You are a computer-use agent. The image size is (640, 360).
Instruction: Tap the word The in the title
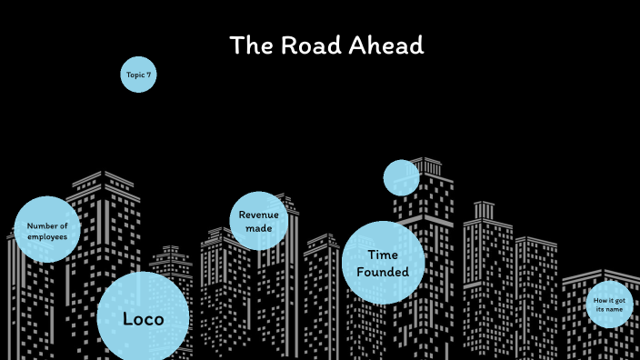pyautogui.click(x=247, y=45)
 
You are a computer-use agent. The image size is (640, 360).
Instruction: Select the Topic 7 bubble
pyautogui.click(x=138, y=74)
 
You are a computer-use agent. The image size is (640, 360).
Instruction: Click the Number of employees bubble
pyautogui.click(x=47, y=230)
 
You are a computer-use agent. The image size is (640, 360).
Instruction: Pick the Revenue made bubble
pyautogui.click(x=258, y=221)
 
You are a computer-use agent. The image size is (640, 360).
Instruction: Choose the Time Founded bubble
pyautogui.click(x=383, y=263)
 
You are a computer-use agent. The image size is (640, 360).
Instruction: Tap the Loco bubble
pyautogui.click(x=143, y=318)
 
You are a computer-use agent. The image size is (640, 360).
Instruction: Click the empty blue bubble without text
pyautogui.click(x=401, y=178)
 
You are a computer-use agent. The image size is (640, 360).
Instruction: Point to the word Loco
pyautogui.click(x=143, y=319)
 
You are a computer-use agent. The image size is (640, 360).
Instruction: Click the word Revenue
pyautogui.click(x=258, y=215)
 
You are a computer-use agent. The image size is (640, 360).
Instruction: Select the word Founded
pyautogui.click(x=383, y=272)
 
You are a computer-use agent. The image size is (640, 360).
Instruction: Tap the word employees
pyautogui.click(x=47, y=236)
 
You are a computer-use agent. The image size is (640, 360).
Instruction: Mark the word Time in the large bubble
pyautogui.click(x=383, y=255)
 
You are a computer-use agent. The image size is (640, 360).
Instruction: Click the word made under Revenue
pyautogui.click(x=258, y=228)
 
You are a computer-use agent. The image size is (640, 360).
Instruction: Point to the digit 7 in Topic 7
pyautogui.click(x=148, y=74)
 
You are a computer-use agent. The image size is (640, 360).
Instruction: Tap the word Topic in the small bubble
pyautogui.click(x=135, y=74)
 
